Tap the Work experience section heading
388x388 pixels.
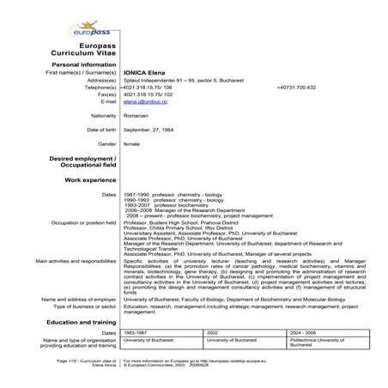pos(90,180)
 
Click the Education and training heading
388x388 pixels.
pos(81,321)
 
